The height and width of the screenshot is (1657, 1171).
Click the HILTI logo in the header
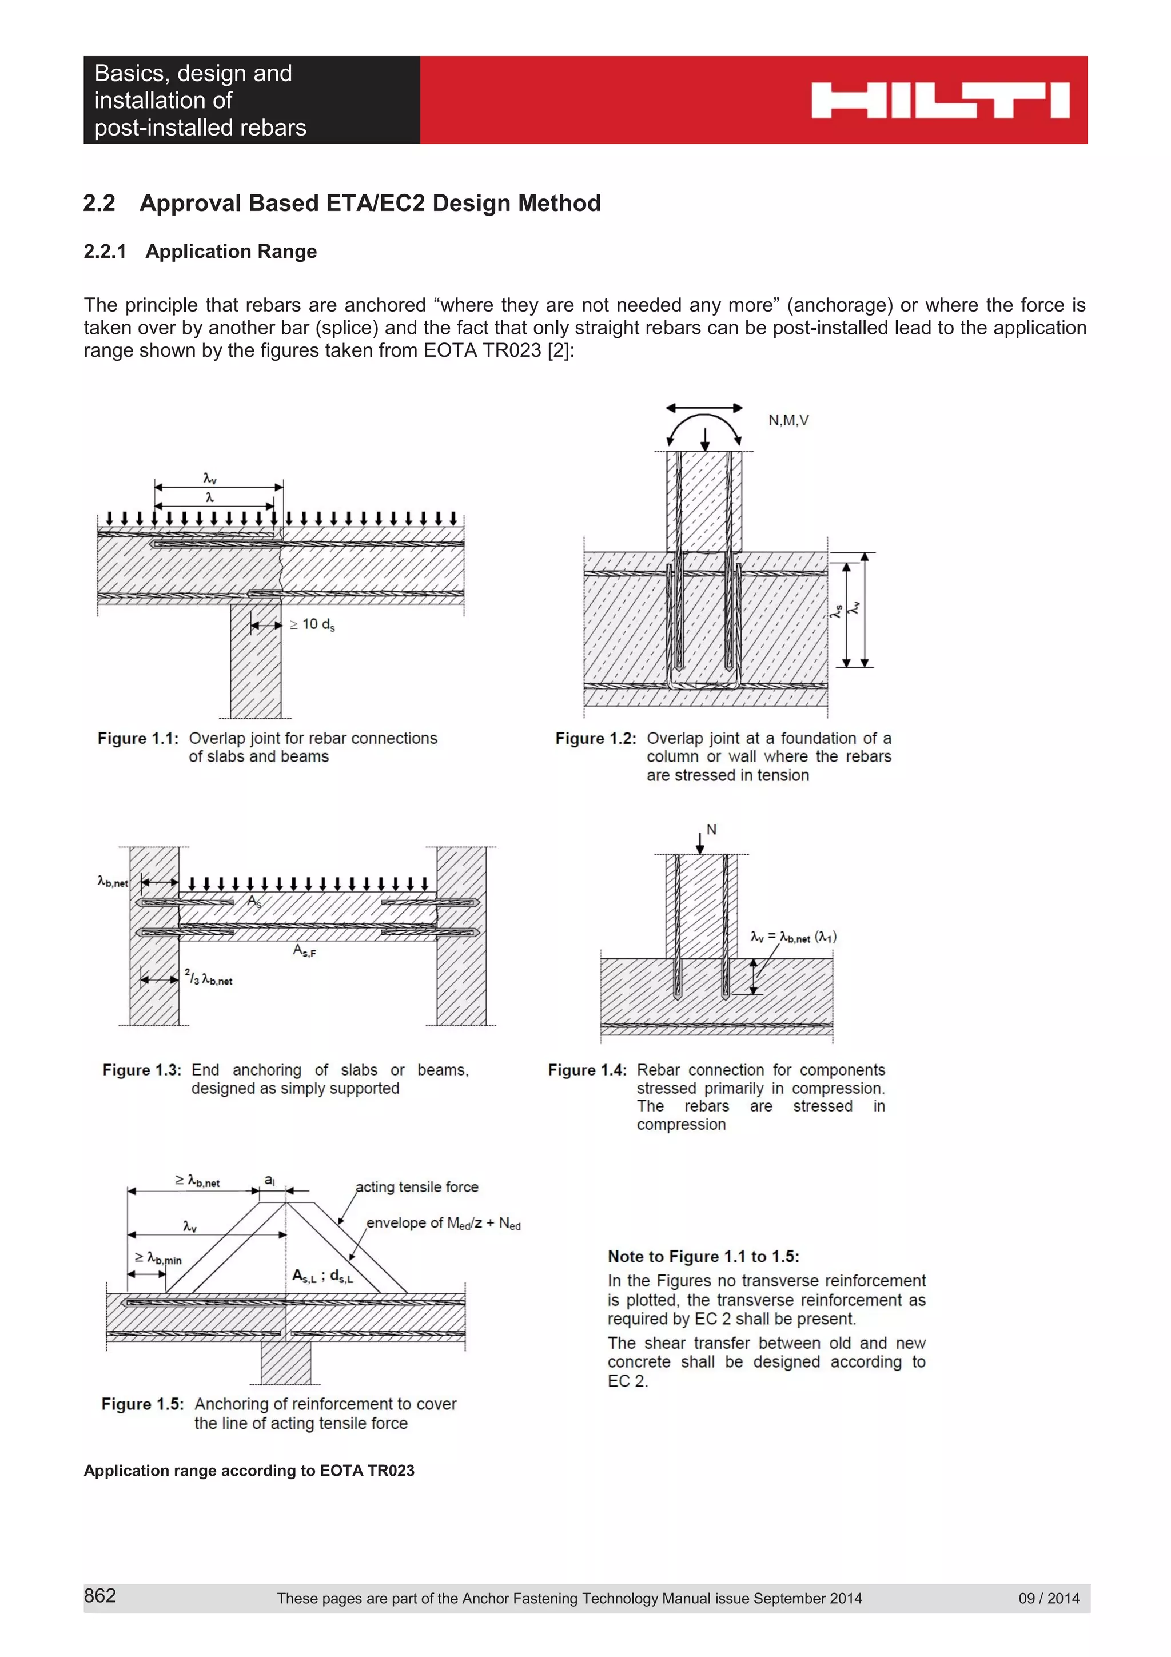(x=939, y=100)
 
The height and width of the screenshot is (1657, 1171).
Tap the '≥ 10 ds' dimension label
(x=312, y=624)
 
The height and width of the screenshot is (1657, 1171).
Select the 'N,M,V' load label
(x=788, y=420)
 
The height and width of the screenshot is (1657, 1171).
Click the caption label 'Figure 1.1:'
(x=138, y=738)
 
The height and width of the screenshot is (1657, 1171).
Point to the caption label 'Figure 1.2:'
(x=595, y=738)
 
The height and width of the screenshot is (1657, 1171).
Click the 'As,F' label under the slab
(x=304, y=951)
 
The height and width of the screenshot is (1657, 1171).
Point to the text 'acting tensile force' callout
(x=416, y=1187)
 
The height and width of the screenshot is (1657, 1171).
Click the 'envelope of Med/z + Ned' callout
(x=443, y=1223)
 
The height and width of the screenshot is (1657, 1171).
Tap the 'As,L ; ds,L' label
(x=322, y=1277)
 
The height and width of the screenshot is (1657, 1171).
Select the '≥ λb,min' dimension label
(x=158, y=1258)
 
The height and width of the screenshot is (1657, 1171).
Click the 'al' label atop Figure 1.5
(x=269, y=1180)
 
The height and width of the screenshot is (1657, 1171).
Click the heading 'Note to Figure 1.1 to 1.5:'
(x=703, y=1256)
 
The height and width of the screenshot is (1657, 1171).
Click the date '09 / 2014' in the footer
(x=1048, y=1598)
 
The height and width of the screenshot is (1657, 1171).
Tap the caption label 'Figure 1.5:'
(x=142, y=1404)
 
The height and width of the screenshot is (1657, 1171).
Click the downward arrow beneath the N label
(x=699, y=843)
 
